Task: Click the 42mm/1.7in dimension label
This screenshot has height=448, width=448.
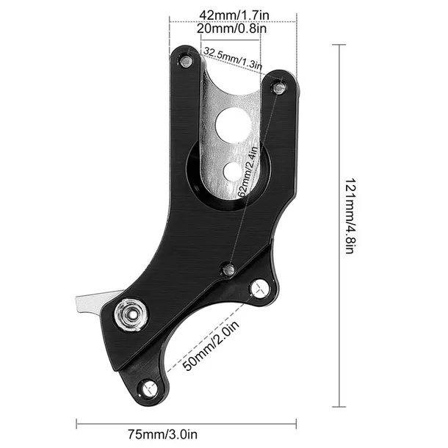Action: [x=233, y=13]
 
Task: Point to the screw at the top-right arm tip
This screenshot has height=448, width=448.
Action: [x=278, y=87]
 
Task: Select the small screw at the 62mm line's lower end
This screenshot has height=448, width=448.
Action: [x=228, y=270]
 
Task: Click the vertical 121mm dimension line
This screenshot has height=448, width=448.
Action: [x=338, y=224]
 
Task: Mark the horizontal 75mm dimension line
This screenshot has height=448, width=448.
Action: [x=187, y=422]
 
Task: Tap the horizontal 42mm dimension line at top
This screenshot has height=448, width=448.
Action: [x=233, y=22]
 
